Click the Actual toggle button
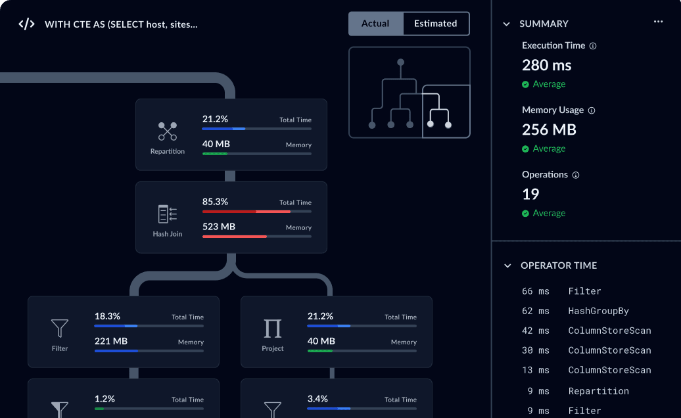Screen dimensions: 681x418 point(376,24)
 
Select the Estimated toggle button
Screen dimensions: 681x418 point(436,24)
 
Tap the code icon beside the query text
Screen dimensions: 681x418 point(26,24)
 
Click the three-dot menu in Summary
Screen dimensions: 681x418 point(658,22)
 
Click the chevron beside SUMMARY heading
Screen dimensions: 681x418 point(506,24)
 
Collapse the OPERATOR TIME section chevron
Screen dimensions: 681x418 point(507,266)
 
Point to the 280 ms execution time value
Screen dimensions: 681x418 point(546,65)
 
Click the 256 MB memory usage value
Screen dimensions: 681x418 point(549,129)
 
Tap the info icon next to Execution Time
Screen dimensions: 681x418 point(593,46)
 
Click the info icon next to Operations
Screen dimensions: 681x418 point(575,175)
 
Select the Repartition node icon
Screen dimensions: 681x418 point(167,131)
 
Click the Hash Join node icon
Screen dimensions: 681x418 point(167,214)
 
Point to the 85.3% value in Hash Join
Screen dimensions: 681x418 point(215,202)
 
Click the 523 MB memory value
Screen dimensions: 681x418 point(219,227)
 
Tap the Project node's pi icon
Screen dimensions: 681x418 point(273,329)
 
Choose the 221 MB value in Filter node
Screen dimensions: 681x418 point(111,341)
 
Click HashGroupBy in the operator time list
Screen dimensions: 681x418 point(598,311)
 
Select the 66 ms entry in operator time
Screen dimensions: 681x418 point(536,291)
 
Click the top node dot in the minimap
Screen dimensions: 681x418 point(400,62)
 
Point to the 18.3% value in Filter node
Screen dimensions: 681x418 point(107,316)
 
